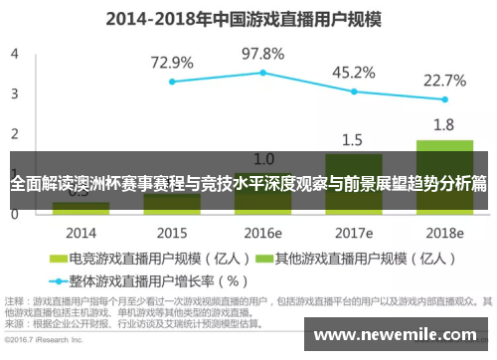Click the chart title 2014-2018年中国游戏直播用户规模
(x=248, y=17)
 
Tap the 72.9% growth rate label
(x=172, y=63)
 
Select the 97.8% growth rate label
(x=262, y=53)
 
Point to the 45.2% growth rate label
(x=353, y=73)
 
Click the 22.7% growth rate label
(x=444, y=80)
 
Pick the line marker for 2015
(x=172, y=82)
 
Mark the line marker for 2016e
(x=262, y=72)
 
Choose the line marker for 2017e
(x=353, y=91)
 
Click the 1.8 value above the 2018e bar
(x=443, y=125)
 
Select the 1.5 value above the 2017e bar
(x=353, y=139)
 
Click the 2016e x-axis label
(x=262, y=233)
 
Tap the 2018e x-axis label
(x=443, y=233)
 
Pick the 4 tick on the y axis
(x=14, y=54)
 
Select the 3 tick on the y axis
(x=14, y=93)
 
